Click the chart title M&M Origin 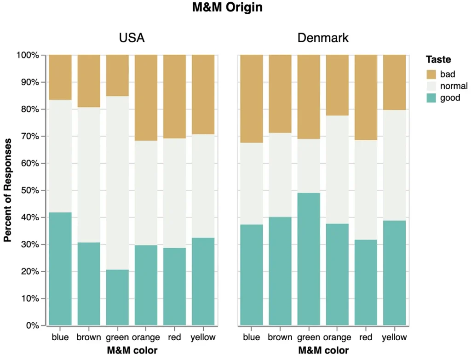pyautogui.click(x=228, y=8)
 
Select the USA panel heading pyautogui.click(x=132, y=38)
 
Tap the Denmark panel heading pyautogui.click(x=323, y=38)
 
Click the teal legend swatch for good pyautogui.click(x=431, y=97)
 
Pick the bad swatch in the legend pyautogui.click(x=431, y=74)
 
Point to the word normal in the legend pyautogui.click(x=454, y=86)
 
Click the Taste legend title pyautogui.click(x=438, y=59)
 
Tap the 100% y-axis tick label pyautogui.click(x=29, y=55)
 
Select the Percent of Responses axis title pyautogui.click(x=8, y=190)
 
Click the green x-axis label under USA pyautogui.click(x=117, y=337)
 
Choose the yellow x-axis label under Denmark pyautogui.click(x=394, y=337)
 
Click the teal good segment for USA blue pyautogui.click(x=60, y=269)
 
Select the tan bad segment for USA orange pyautogui.click(x=146, y=97)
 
